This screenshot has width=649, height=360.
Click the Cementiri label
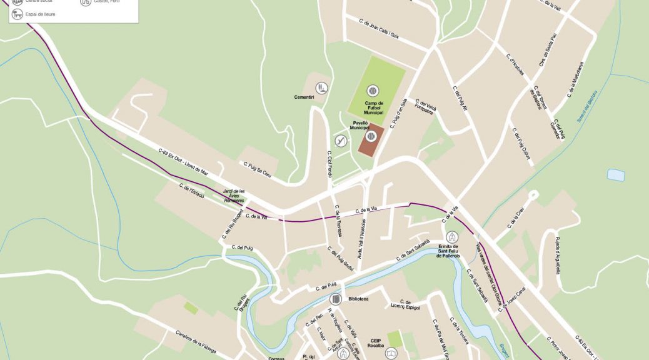pyautogui.click(x=304, y=97)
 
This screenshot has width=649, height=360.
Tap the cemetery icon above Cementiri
pyautogui.click(x=321, y=87)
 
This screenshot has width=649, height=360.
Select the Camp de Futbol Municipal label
pyautogui.click(x=374, y=107)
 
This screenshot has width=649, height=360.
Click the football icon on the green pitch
pyautogui.click(x=373, y=91)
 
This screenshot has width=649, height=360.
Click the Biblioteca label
pyautogui.click(x=356, y=299)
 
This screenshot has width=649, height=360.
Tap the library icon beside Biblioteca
pyautogui.click(x=335, y=299)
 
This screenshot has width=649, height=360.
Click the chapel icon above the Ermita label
pyautogui.click(x=452, y=237)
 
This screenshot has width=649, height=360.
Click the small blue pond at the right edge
pyautogui.click(x=616, y=175)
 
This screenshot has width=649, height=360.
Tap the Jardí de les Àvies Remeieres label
pyautogui.click(x=234, y=196)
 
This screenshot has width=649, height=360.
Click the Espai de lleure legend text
pyautogui.click(x=41, y=14)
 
